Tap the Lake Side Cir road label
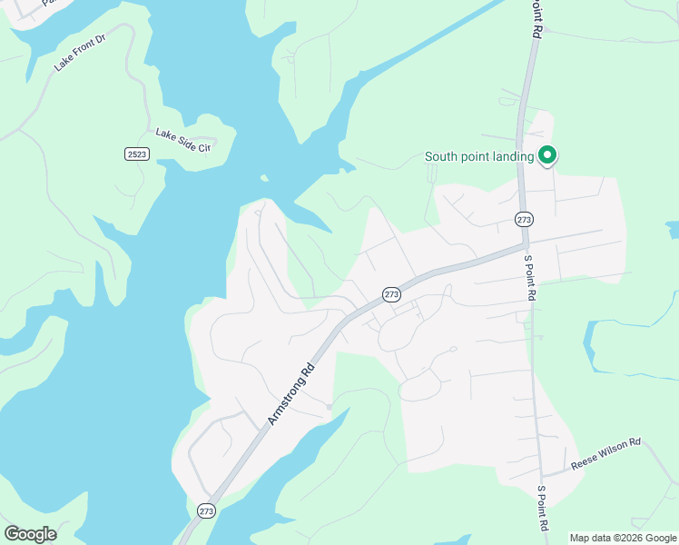(182, 140)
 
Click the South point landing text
(479, 156)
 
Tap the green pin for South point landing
(547, 156)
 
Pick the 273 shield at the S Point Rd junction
(524, 219)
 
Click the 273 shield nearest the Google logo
(206, 510)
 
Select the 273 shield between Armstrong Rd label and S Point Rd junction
(391, 294)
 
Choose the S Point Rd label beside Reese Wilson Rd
(543, 509)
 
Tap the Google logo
(30, 534)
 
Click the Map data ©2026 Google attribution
(622, 538)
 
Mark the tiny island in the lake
(263, 178)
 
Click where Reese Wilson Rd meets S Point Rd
(543, 475)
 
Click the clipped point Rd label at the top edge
(536, 18)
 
